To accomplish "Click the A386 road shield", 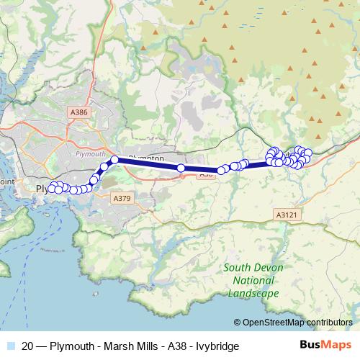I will point(79,112).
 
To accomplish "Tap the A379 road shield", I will point(121,197).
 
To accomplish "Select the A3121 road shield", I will point(286,214).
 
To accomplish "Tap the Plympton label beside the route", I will point(148,156).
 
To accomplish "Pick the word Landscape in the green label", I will point(253,294).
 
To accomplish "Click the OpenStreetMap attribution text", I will point(297,323).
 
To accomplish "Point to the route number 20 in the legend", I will point(28,346).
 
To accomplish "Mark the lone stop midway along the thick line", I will point(181,168).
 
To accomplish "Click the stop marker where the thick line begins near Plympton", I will point(114,160).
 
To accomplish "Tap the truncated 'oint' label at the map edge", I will point(6,182).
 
